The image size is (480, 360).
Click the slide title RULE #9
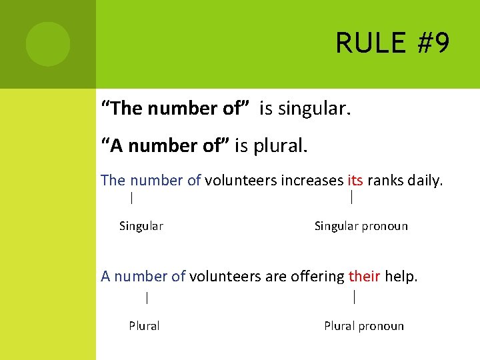pyautogui.click(x=393, y=44)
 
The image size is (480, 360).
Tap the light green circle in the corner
pyautogui.click(x=48, y=44)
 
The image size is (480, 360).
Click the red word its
pyautogui.click(x=355, y=180)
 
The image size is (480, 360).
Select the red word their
pyautogui.click(x=365, y=276)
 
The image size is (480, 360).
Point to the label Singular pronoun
pyautogui.click(x=361, y=226)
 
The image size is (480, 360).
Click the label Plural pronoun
pyautogui.click(x=364, y=326)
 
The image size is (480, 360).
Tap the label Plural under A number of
pyautogui.click(x=144, y=326)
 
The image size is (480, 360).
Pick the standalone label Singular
pyautogui.click(x=141, y=226)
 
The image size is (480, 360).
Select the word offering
pyautogui.click(x=317, y=276)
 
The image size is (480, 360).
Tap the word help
pyautogui.click(x=401, y=276)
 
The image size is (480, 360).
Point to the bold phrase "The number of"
pyautogui.click(x=175, y=109)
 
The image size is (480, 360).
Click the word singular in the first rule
pyautogui.click(x=314, y=109)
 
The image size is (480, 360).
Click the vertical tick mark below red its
pyautogui.click(x=351, y=197)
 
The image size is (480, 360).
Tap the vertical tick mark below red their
pyautogui.click(x=354, y=297)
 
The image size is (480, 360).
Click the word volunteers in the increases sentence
pyautogui.click(x=241, y=180)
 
